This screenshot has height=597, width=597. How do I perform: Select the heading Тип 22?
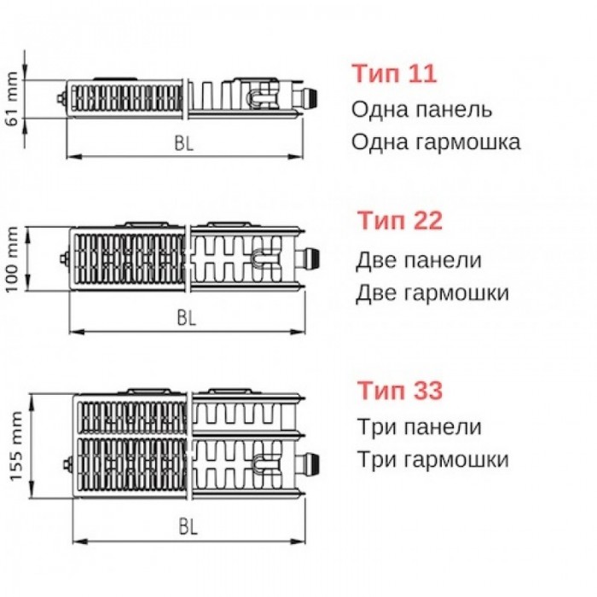point(400,222)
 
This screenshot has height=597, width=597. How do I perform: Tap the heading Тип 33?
point(400,391)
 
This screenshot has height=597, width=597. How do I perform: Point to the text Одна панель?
point(421,110)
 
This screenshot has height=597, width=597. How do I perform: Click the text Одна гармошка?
point(436,142)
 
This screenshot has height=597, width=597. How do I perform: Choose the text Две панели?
point(419,260)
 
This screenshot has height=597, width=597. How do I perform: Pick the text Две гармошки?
point(432,293)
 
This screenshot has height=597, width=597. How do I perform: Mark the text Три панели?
point(419,427)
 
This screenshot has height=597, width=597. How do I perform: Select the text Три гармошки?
point(432,460)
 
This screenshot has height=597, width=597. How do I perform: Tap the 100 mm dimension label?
point(13,258)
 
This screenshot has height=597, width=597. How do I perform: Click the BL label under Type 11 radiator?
point(184,144)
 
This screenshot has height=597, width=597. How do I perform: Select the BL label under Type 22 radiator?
point(187,318)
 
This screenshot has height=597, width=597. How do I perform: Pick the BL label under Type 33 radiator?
point(188,527)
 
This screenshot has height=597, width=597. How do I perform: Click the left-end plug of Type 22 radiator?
point(63,258)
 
